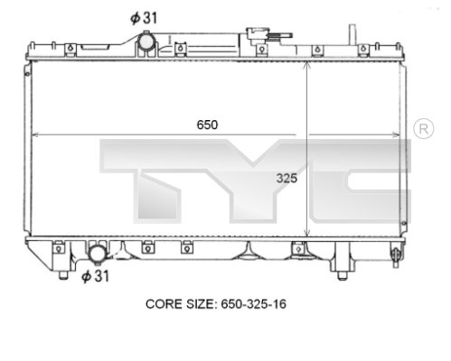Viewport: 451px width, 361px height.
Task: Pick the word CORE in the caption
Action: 166,304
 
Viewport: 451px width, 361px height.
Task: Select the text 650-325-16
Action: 256,304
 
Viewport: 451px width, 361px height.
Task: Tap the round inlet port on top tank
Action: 145,42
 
